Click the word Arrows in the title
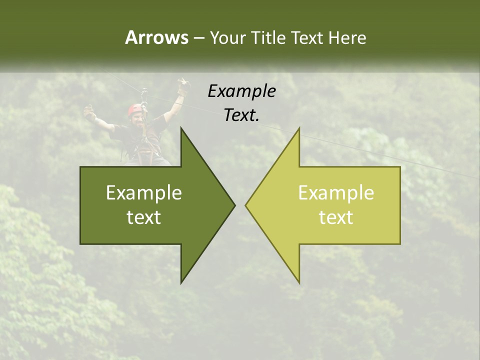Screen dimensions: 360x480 [156, 37]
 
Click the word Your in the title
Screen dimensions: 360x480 [227, 38]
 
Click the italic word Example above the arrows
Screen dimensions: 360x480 [241, 91]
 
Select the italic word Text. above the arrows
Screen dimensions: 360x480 [241, 115]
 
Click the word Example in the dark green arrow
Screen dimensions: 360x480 [143, 192]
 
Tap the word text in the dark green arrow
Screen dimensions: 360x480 [143, 217]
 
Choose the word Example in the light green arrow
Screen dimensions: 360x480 [336, 192]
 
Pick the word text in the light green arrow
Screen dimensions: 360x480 [336, 217]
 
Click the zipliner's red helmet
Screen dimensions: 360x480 [134, 108]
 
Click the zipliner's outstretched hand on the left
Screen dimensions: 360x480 [89, 112]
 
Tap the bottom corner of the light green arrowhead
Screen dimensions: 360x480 [299, 282]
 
